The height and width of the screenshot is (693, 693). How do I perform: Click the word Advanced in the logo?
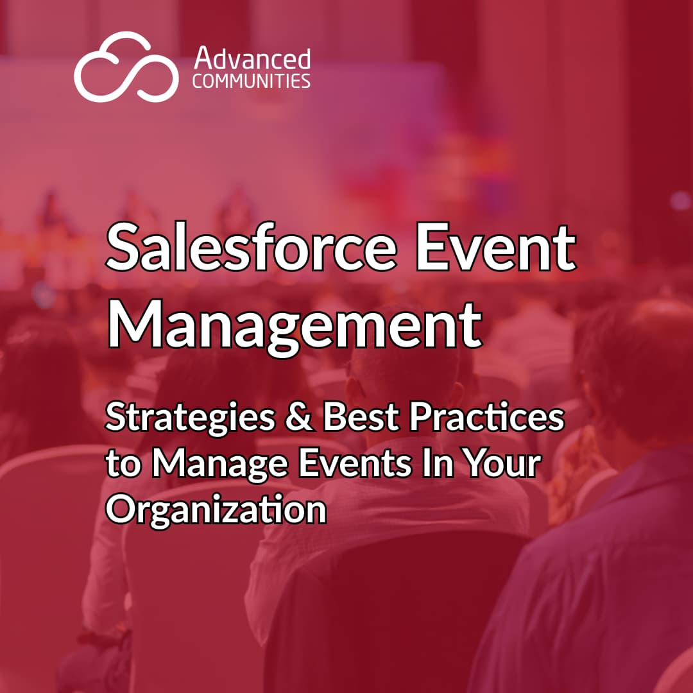(252, 58)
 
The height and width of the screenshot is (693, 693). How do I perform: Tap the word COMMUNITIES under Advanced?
(252, 81)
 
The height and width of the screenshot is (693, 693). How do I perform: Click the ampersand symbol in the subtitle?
(299, 417)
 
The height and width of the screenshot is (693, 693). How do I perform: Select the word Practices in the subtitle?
(487, 417)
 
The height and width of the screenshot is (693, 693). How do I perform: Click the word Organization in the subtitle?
(216, 511)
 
